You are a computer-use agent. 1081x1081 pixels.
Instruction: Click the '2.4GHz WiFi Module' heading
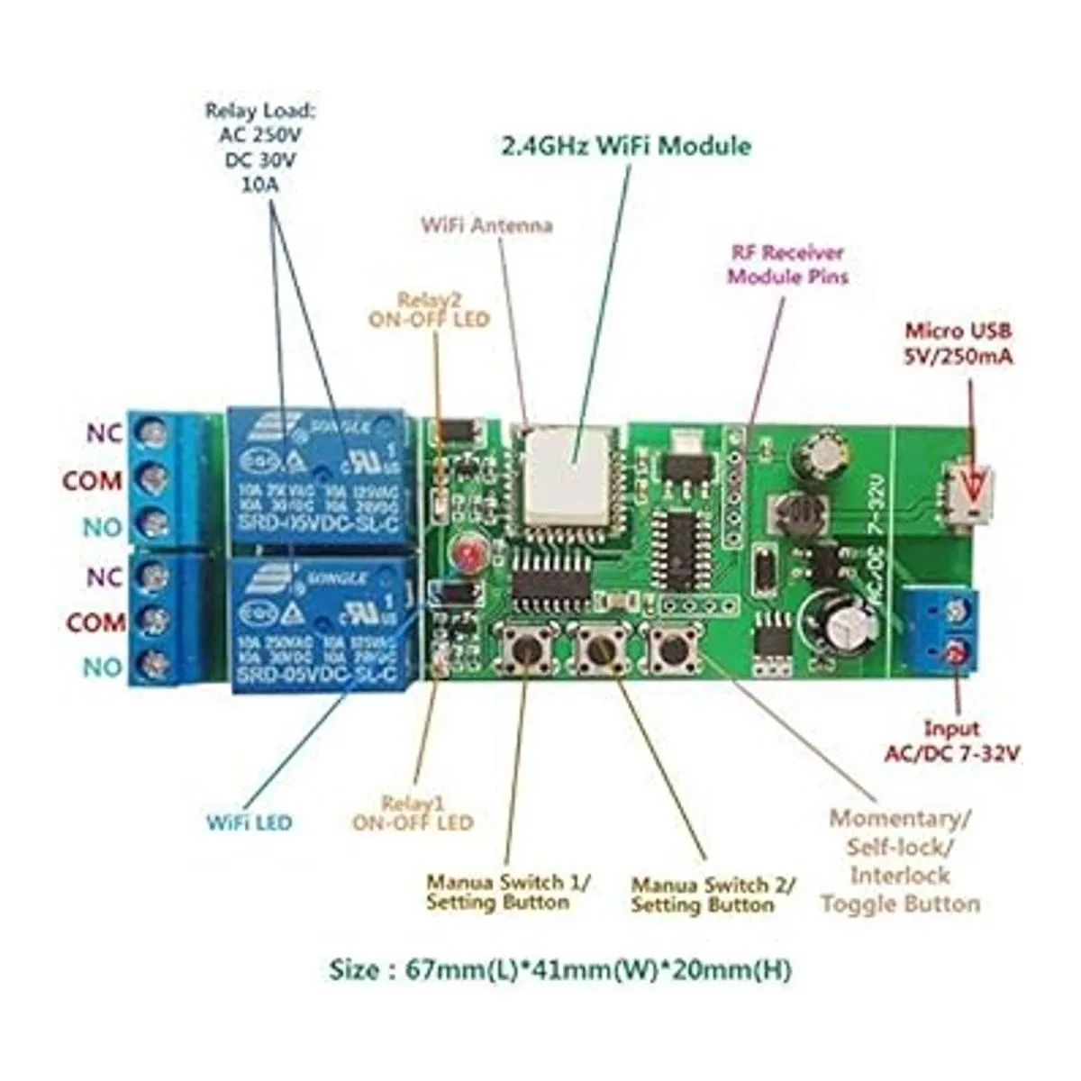[625, 146]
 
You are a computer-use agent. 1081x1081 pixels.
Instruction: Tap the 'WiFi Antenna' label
[486, 224]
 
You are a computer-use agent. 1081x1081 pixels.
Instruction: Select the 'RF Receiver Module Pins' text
[787, 264]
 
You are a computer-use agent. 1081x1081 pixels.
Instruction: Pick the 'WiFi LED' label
[250, 822]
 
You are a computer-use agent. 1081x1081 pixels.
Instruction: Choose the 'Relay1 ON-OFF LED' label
[413, 813]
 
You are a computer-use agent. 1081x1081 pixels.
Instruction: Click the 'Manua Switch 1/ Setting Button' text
[508, 892]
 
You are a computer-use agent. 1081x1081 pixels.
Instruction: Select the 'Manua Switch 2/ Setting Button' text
[713, 895]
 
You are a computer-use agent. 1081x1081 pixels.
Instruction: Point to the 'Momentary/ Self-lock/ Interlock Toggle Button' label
[900, 860]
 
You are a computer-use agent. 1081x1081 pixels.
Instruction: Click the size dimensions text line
[560, 970]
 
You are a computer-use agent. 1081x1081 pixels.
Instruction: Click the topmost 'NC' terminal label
[104, 433]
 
